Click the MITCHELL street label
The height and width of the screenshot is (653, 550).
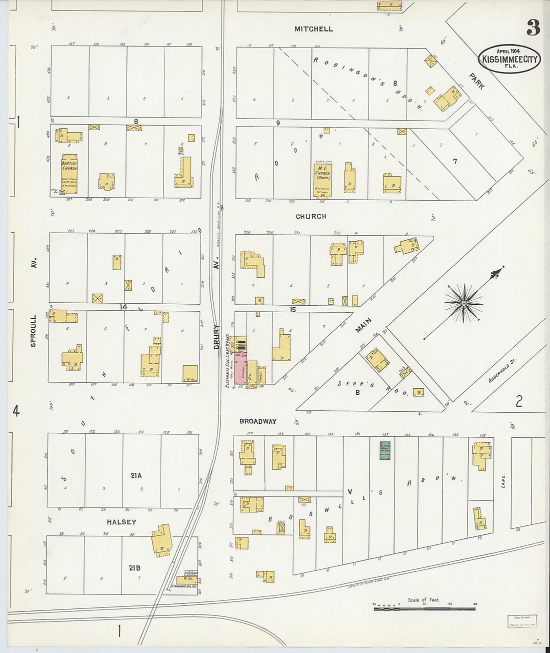coord(313,29)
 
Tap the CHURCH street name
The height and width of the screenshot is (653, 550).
coord(311,216)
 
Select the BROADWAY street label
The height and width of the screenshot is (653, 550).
coord(257,421)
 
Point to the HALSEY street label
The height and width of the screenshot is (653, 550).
coord(121,522)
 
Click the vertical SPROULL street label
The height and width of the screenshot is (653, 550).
coord(33,331)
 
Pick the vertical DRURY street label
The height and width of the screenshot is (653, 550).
coord(216,337)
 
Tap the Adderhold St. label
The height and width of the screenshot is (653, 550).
coord(502,371)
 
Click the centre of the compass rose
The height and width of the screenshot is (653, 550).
coord(463,303)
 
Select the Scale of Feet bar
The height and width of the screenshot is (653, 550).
coord(424,608)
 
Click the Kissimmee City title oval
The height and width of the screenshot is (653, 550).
coord(509,59)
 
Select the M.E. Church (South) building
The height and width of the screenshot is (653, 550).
coord(322,180)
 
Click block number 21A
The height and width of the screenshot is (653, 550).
coord(136,476)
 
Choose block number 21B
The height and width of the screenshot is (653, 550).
coord(134,568)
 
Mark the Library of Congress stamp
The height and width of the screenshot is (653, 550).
coord(522,621)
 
